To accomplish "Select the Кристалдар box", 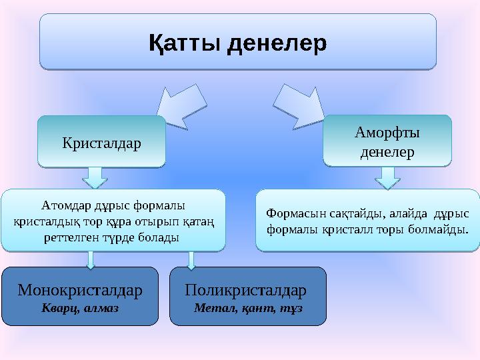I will coord(101,141).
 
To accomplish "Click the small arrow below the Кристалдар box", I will coord(96,177).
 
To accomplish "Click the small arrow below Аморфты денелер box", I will coord(387,177).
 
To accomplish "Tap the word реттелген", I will coord(71,236).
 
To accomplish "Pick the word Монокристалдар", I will coord(80,291).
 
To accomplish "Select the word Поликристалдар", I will coord(246,291).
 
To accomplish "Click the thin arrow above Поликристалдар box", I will coord(191,260).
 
